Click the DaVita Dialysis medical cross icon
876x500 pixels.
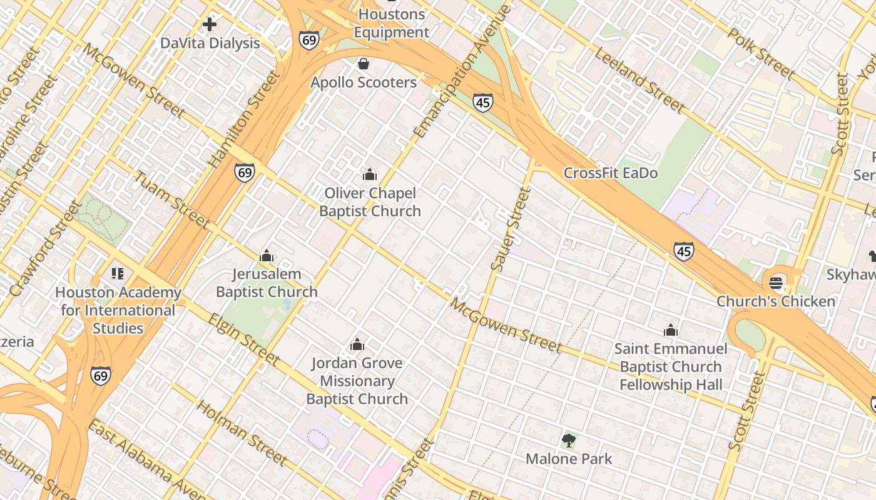(210, 24)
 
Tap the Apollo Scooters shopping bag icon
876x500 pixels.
(363, 64)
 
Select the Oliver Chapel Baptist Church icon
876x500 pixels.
(370, 174)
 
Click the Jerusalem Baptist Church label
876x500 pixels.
(267, 283)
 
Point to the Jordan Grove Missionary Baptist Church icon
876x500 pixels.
(357, 344)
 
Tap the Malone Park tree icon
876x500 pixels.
(568, 441)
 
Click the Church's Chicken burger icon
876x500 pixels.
(776, 282)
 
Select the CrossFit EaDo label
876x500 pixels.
(611, 173)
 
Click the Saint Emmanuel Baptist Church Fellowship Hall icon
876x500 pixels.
(671, 330)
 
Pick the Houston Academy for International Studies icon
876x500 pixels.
(117, 274)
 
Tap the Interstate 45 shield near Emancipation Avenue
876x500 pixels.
(482, 102)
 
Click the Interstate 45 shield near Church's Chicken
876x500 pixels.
(684, 251)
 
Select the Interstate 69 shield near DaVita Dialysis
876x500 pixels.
(308, 40)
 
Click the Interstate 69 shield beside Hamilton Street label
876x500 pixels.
(245, 172)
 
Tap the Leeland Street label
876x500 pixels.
(639, 81)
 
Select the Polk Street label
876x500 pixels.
(761, 54)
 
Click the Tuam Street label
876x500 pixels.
(171, 199)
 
